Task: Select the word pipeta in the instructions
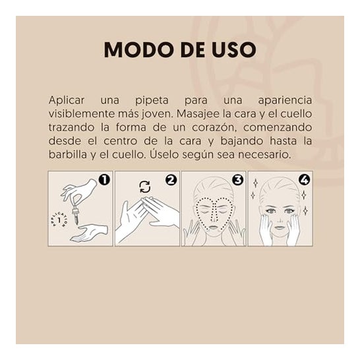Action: [x=152, y=101]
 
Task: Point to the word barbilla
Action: [x=68, y=155]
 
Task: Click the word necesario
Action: [x=264, y=155]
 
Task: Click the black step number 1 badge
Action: [x=104, y=180]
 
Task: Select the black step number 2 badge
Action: [x=171, y=180]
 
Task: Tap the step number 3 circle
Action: [x=237, y=180]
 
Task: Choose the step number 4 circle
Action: [x=304, y=180]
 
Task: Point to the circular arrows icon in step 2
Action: [x=145, y=187]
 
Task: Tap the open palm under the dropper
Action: [x=89, y=233]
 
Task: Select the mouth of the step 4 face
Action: [x=280, y=227]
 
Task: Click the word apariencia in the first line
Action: [x=285, y=101]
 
